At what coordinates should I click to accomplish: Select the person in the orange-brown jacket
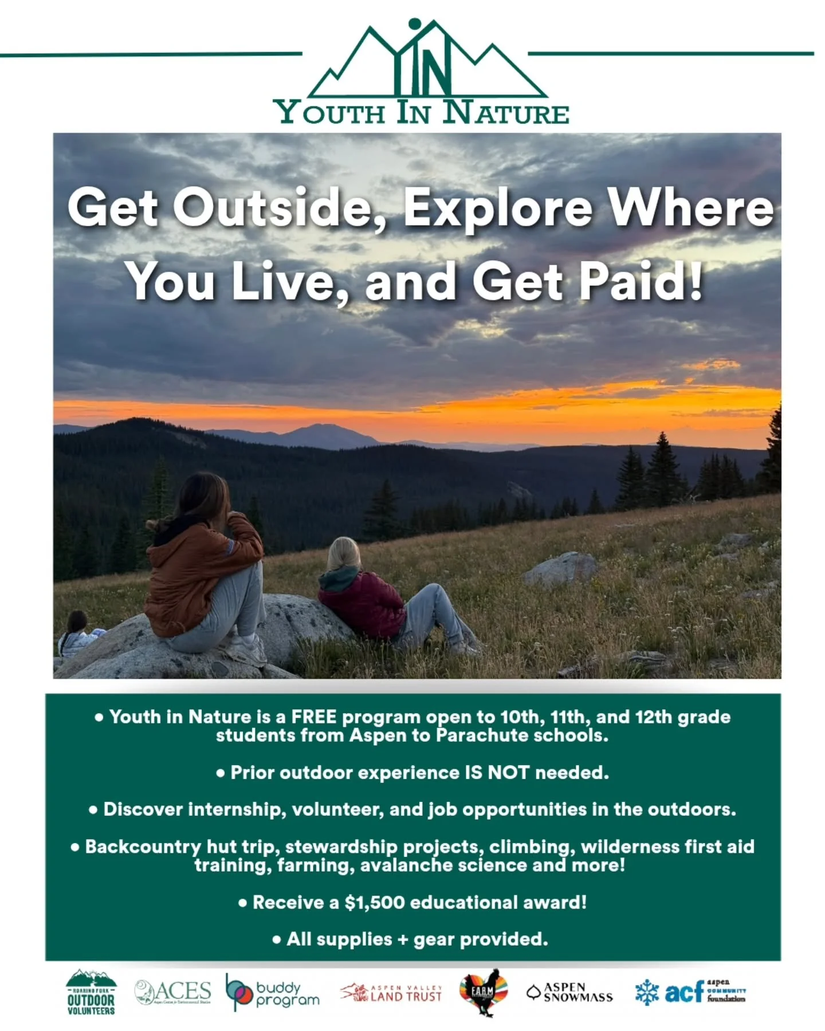point(203,567)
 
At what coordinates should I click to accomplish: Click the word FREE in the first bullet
point(314,717)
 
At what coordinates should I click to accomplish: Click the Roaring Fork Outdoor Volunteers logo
point(91,992)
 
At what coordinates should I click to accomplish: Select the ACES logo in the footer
point(172,991)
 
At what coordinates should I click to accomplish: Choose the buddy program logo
point(272,993)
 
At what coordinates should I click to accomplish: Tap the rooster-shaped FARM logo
point(484,991)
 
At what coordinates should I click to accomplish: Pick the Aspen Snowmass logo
point(569,992)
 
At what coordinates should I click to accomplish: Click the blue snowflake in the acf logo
point(647,992)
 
